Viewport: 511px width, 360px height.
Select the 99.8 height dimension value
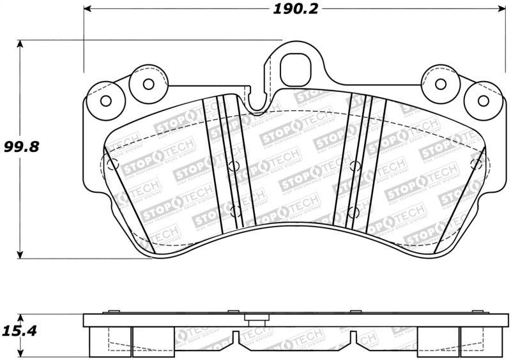coord(21,147)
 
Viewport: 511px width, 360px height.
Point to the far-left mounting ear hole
coord(106,101)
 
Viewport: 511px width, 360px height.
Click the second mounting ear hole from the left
coord(148,84)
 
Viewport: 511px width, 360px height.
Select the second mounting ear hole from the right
coord(441,84)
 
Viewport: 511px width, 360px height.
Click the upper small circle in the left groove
coord(233,166)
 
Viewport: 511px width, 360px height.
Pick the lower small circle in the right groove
coord(353,211)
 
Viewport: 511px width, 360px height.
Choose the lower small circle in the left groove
coord(234,211)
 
